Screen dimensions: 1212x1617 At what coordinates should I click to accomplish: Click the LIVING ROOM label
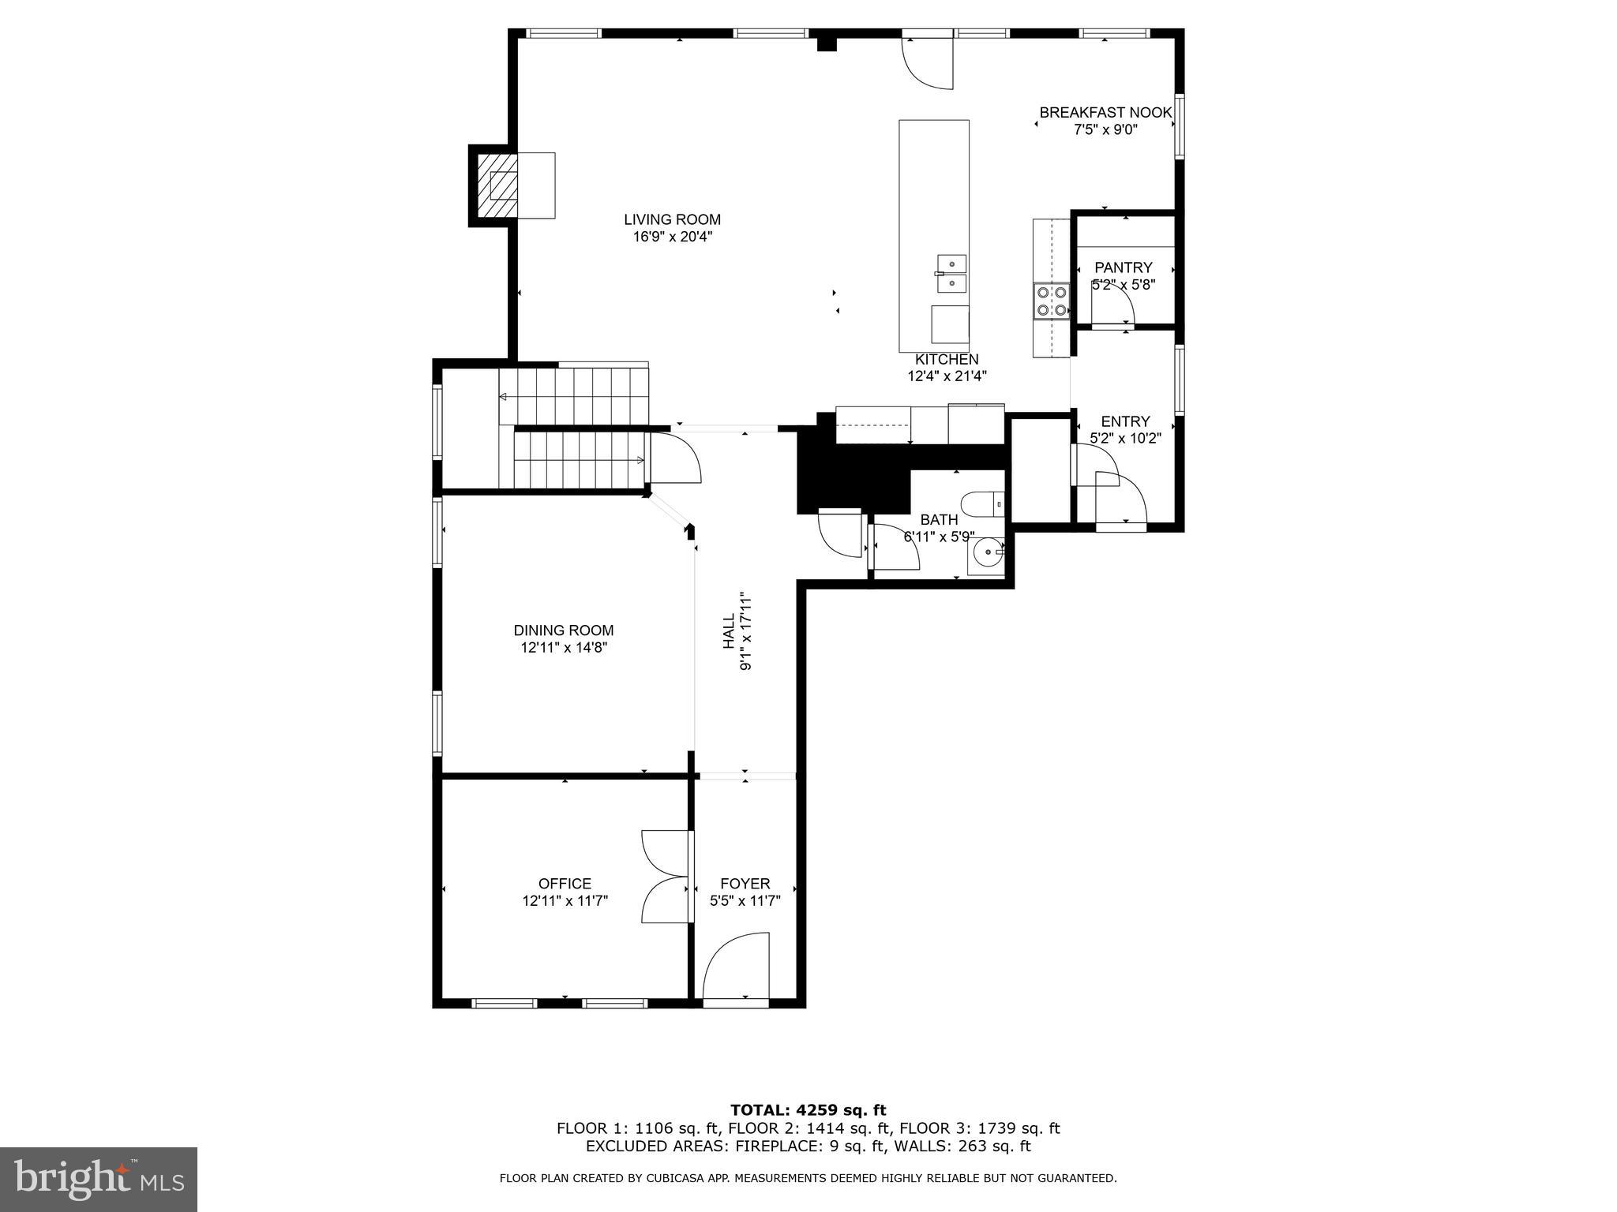coord(672,219)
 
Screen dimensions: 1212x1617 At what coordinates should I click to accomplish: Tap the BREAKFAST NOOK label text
coord(1105,113)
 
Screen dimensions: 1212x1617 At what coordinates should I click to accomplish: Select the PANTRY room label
coord(1123,267)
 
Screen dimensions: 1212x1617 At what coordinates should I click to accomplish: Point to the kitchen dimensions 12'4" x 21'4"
coord(947,376)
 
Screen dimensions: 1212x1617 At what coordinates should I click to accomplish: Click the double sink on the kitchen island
coord(952,272)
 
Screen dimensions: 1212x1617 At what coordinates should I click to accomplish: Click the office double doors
coord(666,876)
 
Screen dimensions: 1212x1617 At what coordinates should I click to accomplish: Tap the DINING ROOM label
coord(563,630)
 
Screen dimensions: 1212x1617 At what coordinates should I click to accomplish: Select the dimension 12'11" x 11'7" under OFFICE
coord(565,901)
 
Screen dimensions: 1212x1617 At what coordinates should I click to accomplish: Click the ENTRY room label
coord(1125,421)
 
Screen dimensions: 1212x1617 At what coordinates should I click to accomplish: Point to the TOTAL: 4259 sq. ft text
coord(808,1110)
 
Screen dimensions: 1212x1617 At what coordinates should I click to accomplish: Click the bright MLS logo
coord(99,1179)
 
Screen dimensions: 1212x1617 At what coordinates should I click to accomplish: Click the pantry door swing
coord(1112,312)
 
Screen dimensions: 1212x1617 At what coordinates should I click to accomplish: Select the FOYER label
coord(745,884)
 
